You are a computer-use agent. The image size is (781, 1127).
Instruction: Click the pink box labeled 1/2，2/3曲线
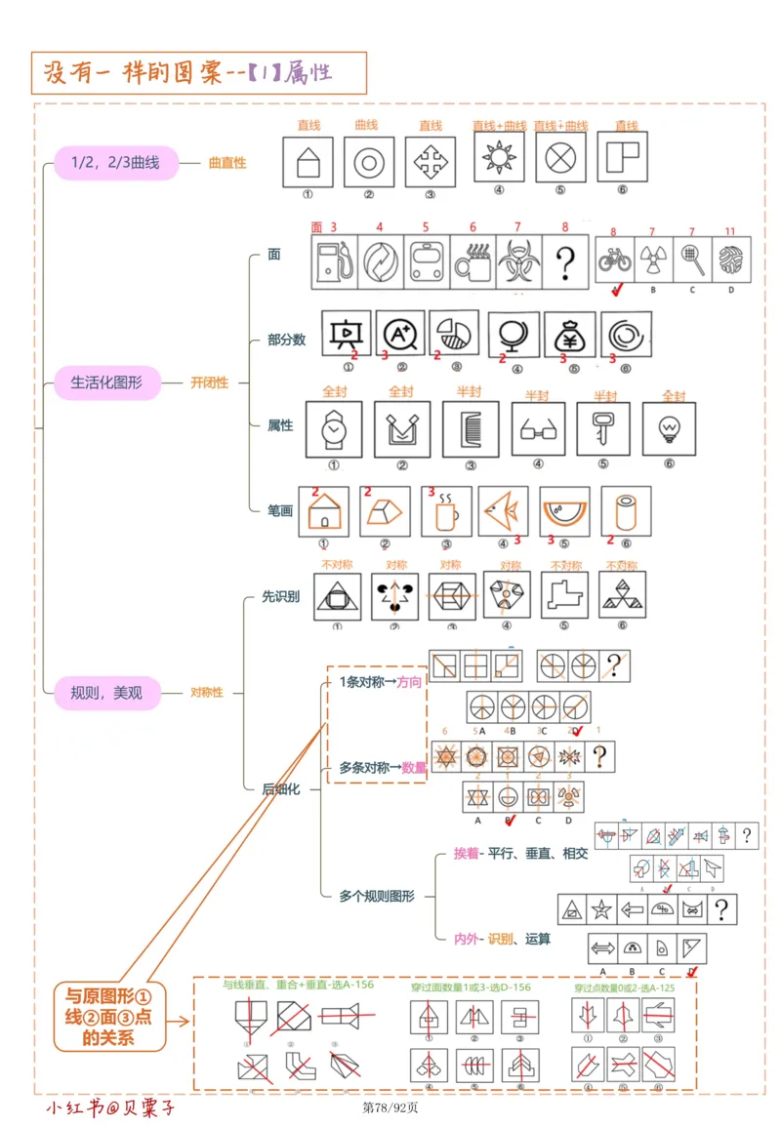point(115,163)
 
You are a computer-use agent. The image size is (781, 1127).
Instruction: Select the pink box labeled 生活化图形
point(106,382)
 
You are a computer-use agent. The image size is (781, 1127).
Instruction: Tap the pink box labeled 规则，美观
point(106,692)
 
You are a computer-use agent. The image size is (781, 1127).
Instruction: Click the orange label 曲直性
point(227,163)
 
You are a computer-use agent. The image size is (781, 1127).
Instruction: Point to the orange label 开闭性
point(209,382)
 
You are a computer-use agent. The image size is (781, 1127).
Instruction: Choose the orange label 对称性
point(206,692)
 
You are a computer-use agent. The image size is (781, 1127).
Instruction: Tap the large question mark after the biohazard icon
point(565,262)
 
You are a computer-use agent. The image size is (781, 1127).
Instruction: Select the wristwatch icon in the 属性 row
point(333,430)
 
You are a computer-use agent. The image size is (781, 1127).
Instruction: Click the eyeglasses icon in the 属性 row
point(538,430)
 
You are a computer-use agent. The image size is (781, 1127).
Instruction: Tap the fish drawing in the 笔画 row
point(503,511)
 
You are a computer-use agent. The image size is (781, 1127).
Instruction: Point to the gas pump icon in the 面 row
point(334,262)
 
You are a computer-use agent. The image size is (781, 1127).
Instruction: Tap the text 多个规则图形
point(377,895)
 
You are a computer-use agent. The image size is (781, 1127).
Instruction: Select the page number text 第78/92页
point(390,1107)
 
